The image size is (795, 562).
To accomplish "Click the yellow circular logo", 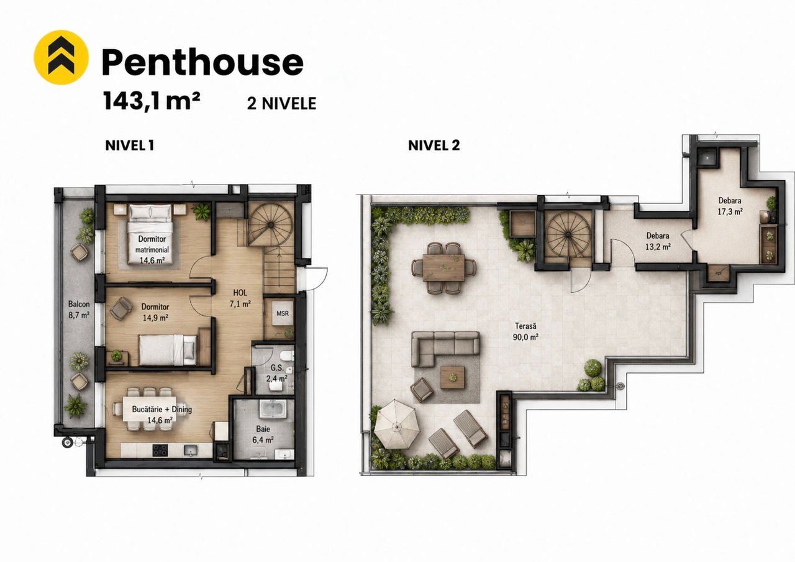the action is click(61, 57).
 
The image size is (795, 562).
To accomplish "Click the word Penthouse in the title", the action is click(202, 62).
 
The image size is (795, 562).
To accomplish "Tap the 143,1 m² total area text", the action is click(152, 101).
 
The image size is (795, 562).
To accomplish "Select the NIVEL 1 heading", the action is click(130, 145).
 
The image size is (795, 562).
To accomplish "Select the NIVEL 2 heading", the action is click(434, 145).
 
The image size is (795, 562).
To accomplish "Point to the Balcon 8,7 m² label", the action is click(79, 310).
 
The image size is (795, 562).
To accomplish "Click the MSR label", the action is click(283, 313).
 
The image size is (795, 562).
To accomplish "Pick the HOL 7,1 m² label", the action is click(240, 298).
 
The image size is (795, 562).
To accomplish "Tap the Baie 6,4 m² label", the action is click(263, 435).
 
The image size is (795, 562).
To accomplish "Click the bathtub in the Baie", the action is click(272, 410).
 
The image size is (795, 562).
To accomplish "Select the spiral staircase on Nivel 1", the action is click(270, 224).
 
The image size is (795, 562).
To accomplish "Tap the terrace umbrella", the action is click(397, 424).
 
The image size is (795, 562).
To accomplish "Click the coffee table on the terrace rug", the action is click(452, 377).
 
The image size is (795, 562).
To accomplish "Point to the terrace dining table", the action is click(443, 267).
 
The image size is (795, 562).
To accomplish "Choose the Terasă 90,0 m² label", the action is click(525, 331).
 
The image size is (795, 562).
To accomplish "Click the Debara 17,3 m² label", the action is click(730, 206).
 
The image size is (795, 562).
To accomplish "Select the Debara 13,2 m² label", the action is click(658, 241).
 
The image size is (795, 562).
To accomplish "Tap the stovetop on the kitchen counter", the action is click(160, 450).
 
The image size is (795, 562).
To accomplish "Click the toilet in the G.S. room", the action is click(286, 356).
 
